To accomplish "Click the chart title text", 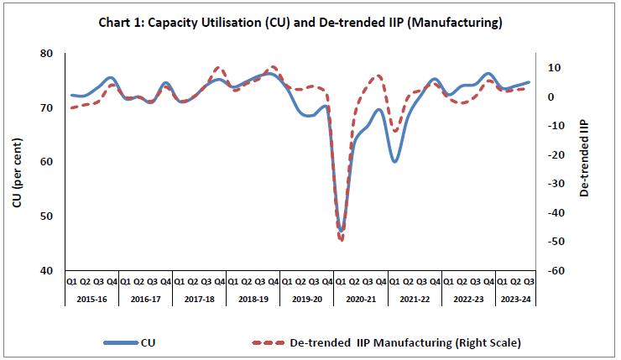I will pyautogui.click(x=310, y=23).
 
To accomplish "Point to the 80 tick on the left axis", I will pyautogui.click(x=46, y=54).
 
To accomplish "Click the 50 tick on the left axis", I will pyautogui.click(x=46, y=216).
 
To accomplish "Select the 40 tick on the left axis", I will pyautogui.click(x=46, y=270).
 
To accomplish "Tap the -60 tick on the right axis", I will pyautogui.click(x=556, y=270).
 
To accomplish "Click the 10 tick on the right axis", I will pyautogui.click(x=555, y=67).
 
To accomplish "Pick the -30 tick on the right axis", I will pyautogui.click(x=556, y=183).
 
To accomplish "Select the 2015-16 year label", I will pyautogui.click(x=92, y=299).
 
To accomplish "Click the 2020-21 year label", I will pyautogui.click(x=361, y=299).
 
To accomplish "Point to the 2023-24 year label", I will pyautogui.click(x=514, y=299).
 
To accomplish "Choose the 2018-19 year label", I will pyautogui.click(x=253, y=299).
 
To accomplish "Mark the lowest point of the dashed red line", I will pyautogui.click(x=342, y=240).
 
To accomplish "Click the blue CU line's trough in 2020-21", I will pyautogui.click(x=341, y=231).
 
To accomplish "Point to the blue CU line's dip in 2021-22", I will pyautogui.click(x=394, y=161).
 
